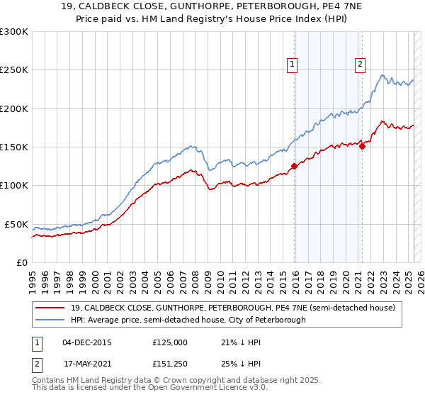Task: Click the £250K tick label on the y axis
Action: pos(13,70)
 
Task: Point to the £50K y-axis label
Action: pos(16,224)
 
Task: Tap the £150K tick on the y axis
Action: pos(13,147)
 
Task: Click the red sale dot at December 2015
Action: pos(294,167)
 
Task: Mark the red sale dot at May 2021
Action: pos(362,146)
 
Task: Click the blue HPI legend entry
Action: pos(188,320)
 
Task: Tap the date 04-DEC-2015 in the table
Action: pos(87,342)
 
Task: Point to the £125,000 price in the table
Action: pos(169,342)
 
